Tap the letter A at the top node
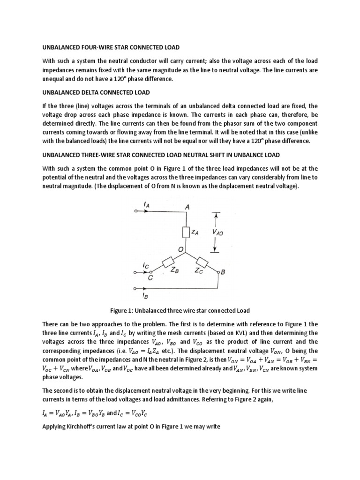point(187,207)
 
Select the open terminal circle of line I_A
point(135,211)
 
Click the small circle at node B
point(218,272)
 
